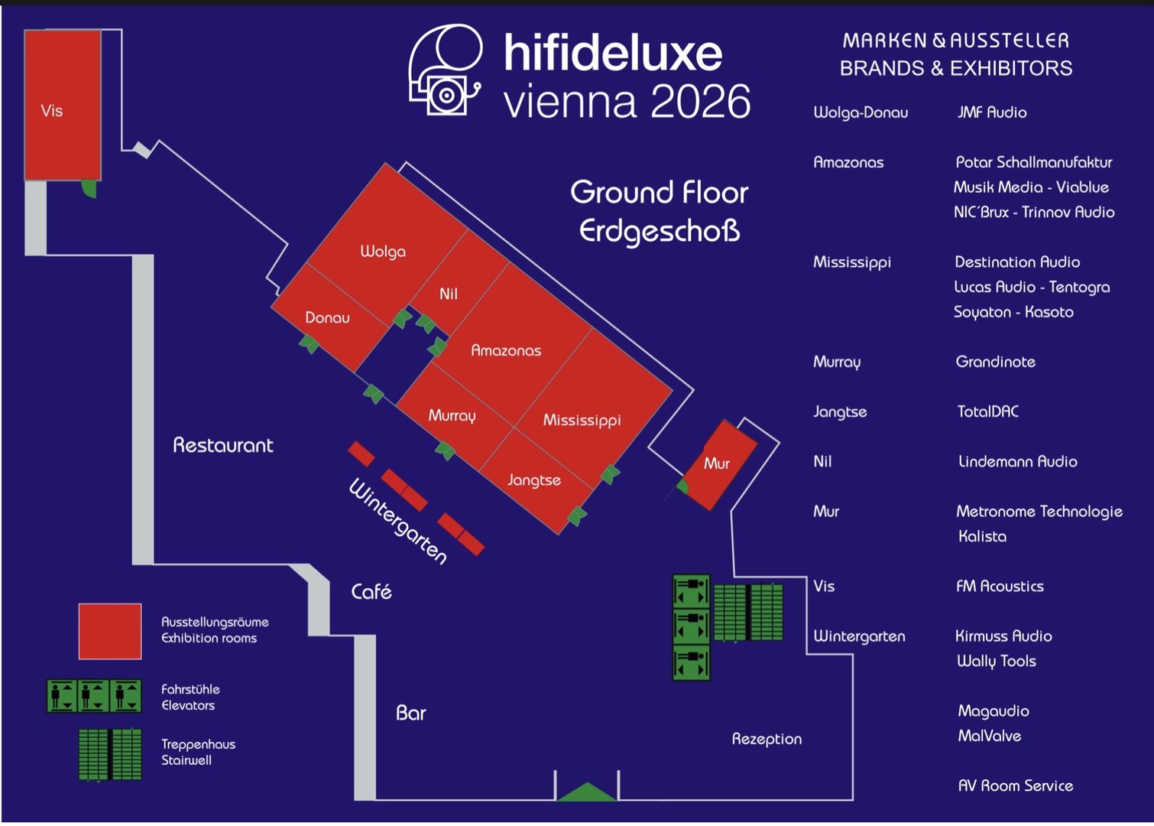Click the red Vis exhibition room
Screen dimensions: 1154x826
63,106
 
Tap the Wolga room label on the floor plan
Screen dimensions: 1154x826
383,252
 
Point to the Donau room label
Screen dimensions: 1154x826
327,317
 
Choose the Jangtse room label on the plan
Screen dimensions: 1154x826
533,480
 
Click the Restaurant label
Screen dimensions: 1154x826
222,445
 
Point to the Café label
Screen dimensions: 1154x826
371,591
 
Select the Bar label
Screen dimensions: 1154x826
410,713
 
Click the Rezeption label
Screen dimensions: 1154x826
767,740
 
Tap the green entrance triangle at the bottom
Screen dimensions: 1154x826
587,792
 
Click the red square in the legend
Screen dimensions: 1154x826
110,631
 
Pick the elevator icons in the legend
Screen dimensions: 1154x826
94,696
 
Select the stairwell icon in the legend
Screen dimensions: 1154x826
110,754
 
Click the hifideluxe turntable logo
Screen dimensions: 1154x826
446,70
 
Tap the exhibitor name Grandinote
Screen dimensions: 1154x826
995,362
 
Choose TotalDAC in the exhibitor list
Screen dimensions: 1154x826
987,411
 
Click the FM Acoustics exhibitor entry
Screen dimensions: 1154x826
1000,587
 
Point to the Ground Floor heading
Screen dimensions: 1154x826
659,192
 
